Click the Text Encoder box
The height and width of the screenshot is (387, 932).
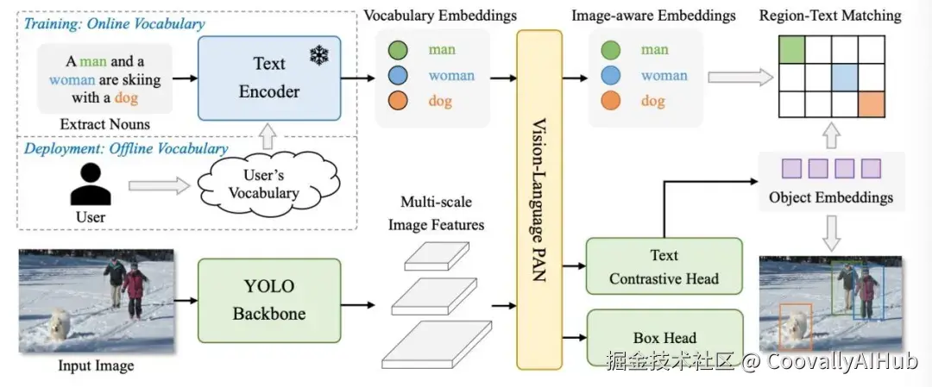coord(270,78)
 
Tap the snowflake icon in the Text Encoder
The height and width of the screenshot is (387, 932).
coord(321,55)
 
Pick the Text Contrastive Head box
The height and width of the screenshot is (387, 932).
coord(664,266)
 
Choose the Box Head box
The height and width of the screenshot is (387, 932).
coord(664,338)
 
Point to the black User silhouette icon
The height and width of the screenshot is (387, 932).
coord(91,184)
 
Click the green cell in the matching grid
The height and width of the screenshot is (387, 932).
coord(792,49)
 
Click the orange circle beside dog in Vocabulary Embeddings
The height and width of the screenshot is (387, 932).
coord(399,102)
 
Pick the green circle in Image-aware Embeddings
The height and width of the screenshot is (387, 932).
coord(611,50)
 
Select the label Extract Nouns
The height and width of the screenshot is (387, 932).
coord(104,124)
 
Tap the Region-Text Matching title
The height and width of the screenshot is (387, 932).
coord(828,15)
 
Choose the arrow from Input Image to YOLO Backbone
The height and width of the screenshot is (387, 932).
coord(186,301)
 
